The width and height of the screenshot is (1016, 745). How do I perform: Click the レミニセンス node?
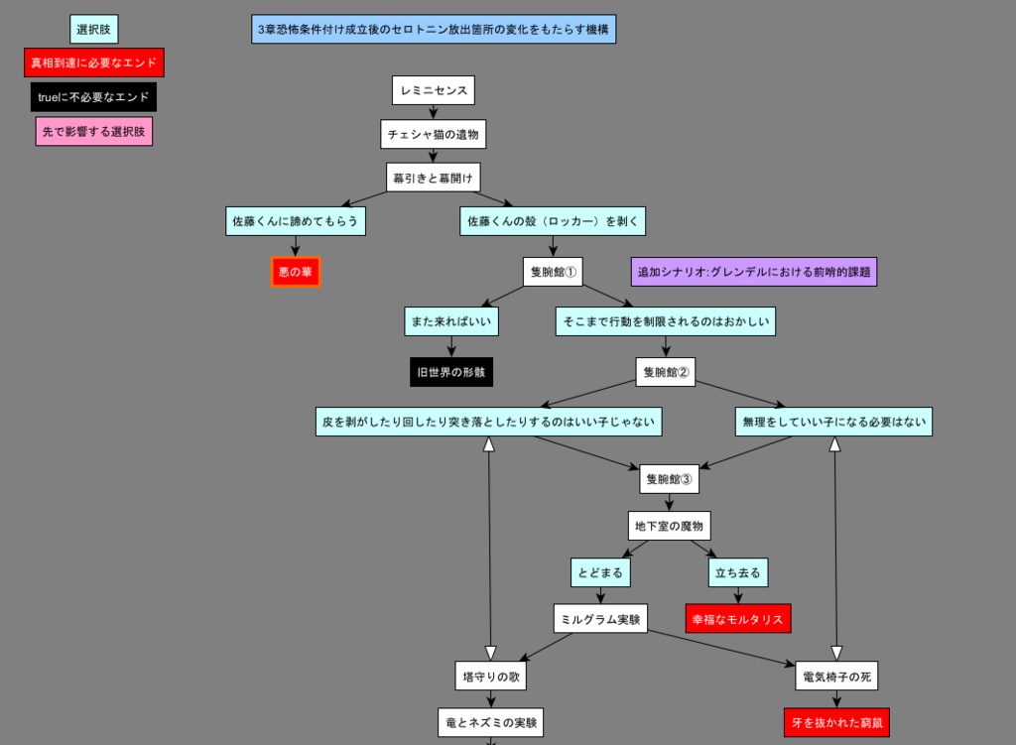[x=433, y=90]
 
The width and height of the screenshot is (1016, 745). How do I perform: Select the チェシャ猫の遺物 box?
[x=433, y=134]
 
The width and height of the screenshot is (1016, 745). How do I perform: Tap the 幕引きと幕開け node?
[x=433, y=178]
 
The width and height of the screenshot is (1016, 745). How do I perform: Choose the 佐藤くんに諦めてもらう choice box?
[x=295, y=221]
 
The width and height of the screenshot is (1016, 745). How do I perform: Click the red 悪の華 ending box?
[x=296, y=271]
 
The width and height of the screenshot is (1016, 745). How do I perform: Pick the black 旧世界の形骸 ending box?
[x=451, y=372]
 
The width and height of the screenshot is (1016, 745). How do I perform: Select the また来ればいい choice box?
[x=451, y=321]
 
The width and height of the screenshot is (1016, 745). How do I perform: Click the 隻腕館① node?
[x=552, y=272]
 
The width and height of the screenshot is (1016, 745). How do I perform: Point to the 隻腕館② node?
[x=665, y=372]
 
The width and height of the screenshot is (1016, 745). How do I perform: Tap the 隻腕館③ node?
[x=669, y=479]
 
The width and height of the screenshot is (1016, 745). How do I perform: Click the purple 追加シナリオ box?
[x=753, y=272]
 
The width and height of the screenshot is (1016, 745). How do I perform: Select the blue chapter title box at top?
[x=434, y=29]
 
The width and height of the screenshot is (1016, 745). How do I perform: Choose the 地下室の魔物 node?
[x=669, y=526]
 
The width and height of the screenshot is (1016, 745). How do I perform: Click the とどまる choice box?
[x=600, y=572]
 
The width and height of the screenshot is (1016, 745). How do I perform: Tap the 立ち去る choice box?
[x=737, y=572]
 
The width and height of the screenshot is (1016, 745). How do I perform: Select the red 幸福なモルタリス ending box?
[x=737, y=619]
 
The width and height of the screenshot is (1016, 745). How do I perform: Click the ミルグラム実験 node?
[x=600, y=619]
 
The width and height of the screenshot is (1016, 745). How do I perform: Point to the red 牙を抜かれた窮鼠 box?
[x=836, y=723]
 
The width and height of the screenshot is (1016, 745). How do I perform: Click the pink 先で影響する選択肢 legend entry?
[x=93, y=131]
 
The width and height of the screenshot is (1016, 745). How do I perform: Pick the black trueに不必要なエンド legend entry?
[x=93, y=97]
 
